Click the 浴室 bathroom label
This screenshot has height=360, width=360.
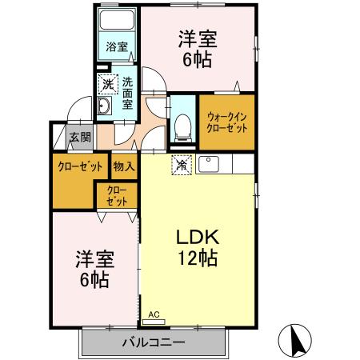click(x=117, y=46)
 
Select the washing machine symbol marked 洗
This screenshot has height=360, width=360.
click(x=106, y=82)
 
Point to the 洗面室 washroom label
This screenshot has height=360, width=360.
click(x=128, y=92)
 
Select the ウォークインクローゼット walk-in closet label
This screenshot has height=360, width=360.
click(x=226, y=122)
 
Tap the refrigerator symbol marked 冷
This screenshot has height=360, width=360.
click(x=182, y=165)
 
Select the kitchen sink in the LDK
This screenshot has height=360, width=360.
click(x=210, y=165)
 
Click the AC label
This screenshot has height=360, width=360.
click(x=154, y=314)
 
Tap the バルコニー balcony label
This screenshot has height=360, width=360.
click(x=154, y=342)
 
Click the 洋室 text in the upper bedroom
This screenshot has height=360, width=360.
click(x=197, y=38)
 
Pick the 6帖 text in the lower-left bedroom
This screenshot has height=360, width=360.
click(x=94, y=281)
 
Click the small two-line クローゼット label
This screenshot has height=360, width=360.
click(x=116, y=197)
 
